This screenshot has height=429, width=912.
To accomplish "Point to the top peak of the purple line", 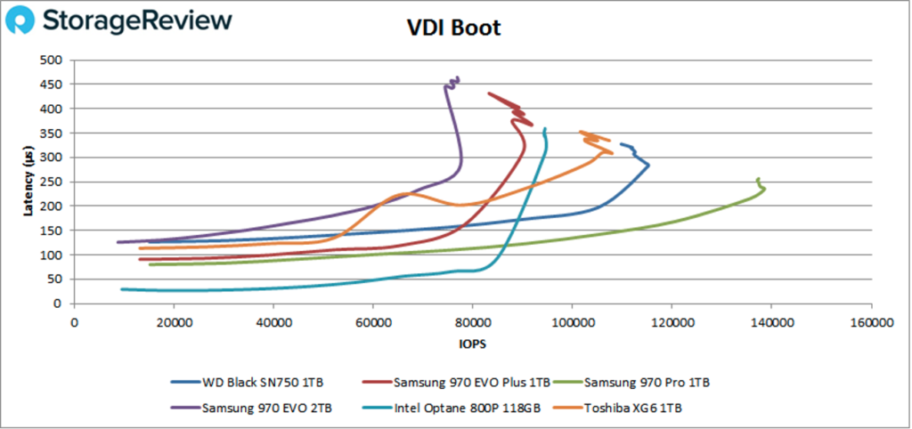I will pyautogui.click(x=458, y=78).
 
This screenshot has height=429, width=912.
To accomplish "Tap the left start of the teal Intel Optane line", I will pyautogui.click(x=122, y=288).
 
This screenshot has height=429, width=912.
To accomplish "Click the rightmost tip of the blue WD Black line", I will pyautogui.click(x=648, y=165).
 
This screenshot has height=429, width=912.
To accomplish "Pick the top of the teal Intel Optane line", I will pyautogui.click(x=545, y=128).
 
